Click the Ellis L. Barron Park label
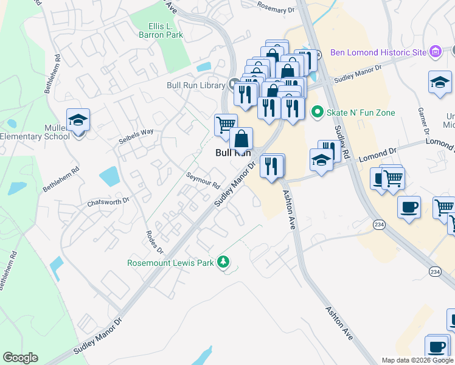(166, 30)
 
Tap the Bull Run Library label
(196, 85)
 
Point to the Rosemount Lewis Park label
(173, 263)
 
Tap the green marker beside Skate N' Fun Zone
(316, 112)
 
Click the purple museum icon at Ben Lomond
(435, 52)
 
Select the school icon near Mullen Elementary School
(78, 120)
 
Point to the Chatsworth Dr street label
(108, 201)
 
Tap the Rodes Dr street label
(155, 242)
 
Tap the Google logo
(20, 358)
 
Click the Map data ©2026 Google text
(418, 360)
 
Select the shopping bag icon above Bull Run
(241, 139)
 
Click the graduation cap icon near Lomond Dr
(321, 161)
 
